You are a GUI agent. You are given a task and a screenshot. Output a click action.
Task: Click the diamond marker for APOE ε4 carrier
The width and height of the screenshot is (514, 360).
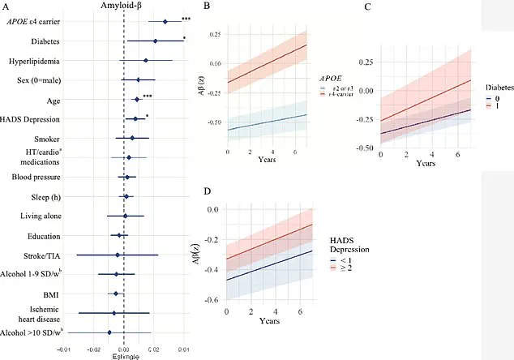point(165,22)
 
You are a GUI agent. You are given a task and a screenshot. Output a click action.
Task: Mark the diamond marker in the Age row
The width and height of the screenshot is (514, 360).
point(136,99)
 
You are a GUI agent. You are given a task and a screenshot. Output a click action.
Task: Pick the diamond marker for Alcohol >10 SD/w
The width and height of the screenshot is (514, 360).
point(109,332)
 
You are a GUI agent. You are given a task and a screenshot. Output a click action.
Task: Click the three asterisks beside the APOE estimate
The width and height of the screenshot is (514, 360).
point(186,19)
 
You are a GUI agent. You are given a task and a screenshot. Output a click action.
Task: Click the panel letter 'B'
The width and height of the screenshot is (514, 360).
point(207,6)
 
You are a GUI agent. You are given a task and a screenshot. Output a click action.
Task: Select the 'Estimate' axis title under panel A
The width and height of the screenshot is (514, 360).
point(124,354)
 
